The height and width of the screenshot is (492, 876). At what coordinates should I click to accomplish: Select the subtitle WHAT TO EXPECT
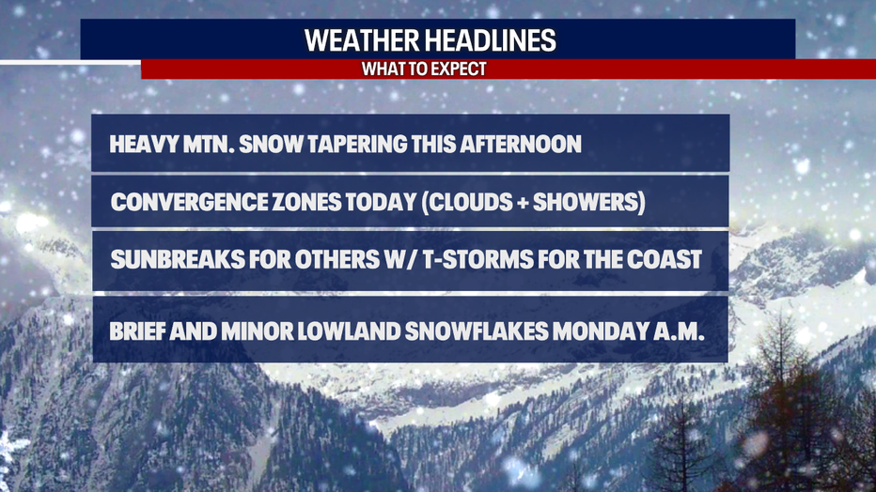tap(424, 69)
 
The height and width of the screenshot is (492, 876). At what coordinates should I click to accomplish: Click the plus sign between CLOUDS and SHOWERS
tap(523, 203)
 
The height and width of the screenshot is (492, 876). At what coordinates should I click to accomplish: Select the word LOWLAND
tap(348, 331)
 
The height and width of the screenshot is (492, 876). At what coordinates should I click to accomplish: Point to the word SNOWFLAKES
tap(476, 331)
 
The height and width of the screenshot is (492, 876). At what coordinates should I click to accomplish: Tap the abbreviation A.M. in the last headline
tap(679, 331)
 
